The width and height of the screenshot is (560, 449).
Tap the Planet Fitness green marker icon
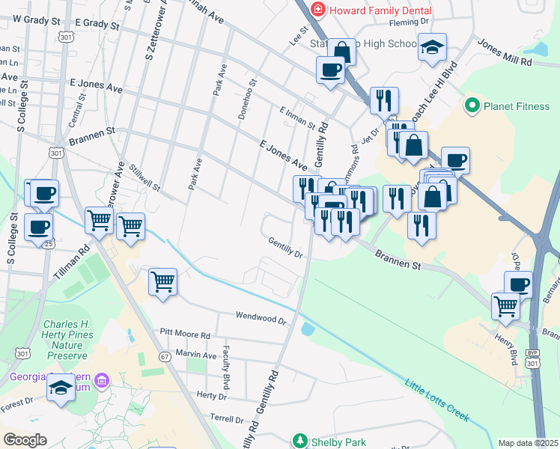tap(472, 106)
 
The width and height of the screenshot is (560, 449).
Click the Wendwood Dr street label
tap(261, 318)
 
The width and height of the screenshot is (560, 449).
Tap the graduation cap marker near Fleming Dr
tap(432, 46)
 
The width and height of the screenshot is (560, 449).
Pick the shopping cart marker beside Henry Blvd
tap(506, 305)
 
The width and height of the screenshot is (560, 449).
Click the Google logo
tap(25, 439)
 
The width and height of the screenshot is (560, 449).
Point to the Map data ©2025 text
tap(528, 443)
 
